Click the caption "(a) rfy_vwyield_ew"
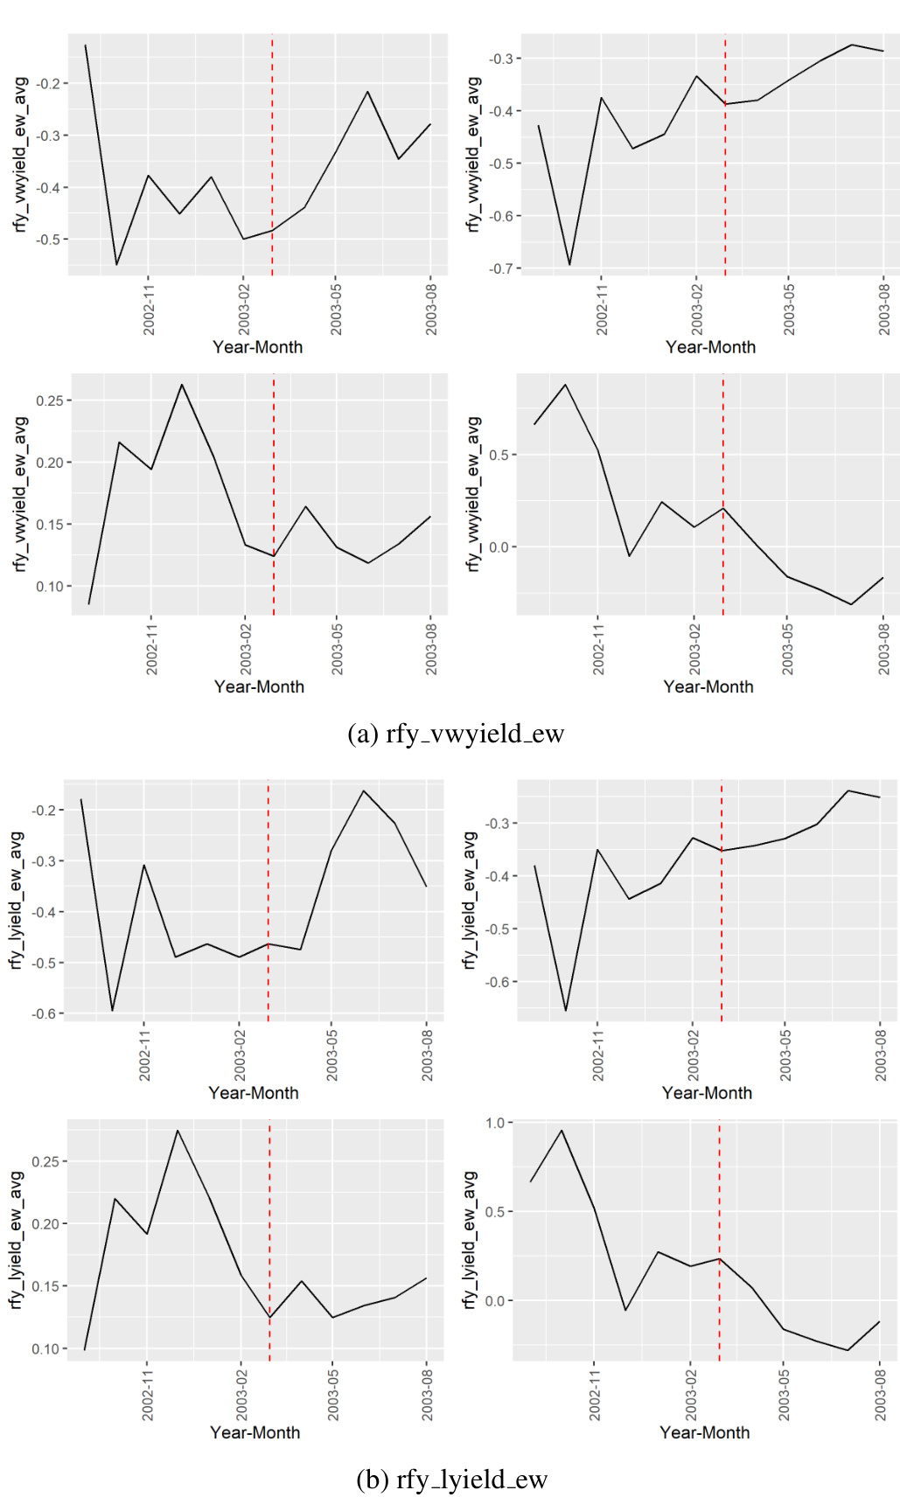click(x=456, y=734)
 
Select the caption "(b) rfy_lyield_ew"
click(x=451, y=1480)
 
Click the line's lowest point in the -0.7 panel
click(x=570, y=265)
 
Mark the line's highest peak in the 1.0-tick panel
click(x=562, y=1131)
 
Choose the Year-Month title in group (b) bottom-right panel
click(x=704, y=1432)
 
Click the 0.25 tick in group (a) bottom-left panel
click(x=50, y=400)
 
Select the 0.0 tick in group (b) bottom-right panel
click(x=494, y=1301)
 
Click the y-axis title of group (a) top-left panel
click(x=21, y=154)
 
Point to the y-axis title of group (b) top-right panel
click(x=470, y=901)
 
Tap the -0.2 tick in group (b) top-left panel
click(x=44, y=811)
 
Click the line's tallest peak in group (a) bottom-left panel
click(x=182, y=385)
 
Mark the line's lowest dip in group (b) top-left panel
click(x=112, y=1011)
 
